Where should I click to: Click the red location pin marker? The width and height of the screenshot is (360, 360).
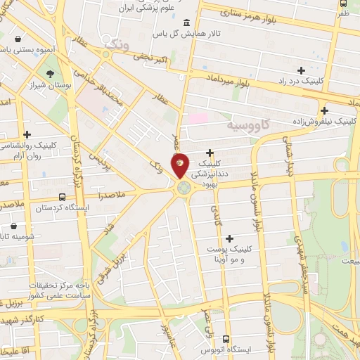(x=180, y=165)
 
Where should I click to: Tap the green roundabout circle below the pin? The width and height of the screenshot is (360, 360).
(x=184, y=188)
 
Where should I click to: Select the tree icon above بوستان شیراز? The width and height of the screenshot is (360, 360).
(x=51, y=74)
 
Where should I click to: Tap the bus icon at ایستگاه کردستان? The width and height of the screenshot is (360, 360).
(x=63, y=198)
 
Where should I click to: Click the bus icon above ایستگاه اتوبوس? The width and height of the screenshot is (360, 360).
(x=226, y=338)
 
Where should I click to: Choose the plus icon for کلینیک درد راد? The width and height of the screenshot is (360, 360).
(x=302, y=70)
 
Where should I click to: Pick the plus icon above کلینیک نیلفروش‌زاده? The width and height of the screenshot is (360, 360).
(x=324, y=110)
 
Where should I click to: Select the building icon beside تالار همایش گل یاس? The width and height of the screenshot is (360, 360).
(x=185, y=22)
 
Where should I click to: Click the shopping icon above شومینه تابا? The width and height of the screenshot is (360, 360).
(x=14, y=226)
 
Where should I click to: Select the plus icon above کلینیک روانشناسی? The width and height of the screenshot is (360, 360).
(x=27, y=134)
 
